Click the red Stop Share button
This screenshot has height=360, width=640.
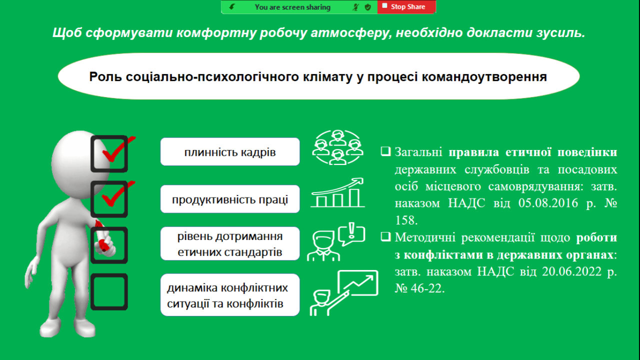(x=406, y=7)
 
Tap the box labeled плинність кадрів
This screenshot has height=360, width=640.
(x=230, y=151)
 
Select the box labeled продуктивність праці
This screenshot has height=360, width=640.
(x=230, y=199)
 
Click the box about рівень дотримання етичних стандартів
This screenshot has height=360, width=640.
(x=230, y=243)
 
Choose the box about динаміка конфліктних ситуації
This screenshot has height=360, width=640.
(x=230, y=295)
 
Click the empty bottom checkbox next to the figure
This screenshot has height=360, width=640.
(x=109, y=291)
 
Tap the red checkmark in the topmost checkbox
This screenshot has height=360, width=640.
(x=117, y=149)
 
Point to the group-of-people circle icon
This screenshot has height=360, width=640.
(x=337, y=147)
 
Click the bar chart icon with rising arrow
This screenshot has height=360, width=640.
(x=337, y=192)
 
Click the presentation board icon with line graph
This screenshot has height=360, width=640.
(x=357, y=283)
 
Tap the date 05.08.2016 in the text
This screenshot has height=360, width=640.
(x=548, y=203)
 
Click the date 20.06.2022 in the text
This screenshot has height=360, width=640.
(x=571, y=271)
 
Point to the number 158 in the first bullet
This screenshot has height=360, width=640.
(x=406, y=220)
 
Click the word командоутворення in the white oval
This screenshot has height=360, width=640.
(x=484, y=77)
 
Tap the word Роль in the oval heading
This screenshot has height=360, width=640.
(x=105, y=77)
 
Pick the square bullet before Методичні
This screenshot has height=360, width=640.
(x=385, y=236)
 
